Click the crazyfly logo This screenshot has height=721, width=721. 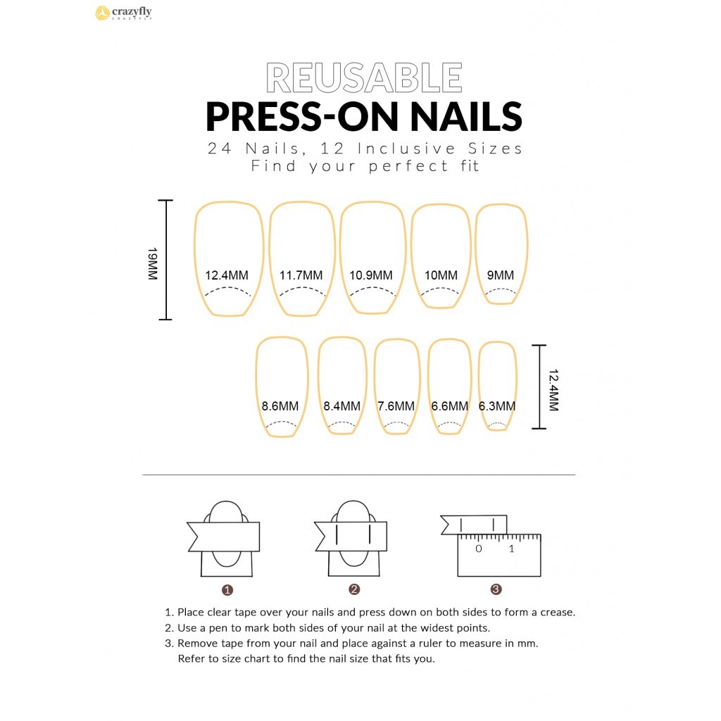click(123, 13)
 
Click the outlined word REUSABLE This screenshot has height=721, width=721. click(364, 77)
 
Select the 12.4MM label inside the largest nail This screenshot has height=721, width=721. click(227, 275)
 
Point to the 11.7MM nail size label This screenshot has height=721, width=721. click(301, 275)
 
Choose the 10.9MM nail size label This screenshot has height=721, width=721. click(371, 275)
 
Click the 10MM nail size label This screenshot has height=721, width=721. click(441, 275)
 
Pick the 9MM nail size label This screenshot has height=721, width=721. click(501, 275)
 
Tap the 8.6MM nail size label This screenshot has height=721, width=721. click(280, 406)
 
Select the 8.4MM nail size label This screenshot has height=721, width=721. click(341, 406)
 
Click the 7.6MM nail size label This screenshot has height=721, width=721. click(396, 406)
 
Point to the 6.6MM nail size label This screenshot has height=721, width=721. click(450, 406)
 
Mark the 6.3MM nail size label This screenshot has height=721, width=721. click(497, 406)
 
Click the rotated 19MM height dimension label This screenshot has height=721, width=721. click(153, 263)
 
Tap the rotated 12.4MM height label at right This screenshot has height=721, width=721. click(553, 390)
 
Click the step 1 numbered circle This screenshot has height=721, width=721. click(227, 590)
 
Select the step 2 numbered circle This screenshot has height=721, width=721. click(354, 589)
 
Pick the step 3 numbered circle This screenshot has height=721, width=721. click(496, 589)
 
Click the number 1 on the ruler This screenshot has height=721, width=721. click(511, 548)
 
